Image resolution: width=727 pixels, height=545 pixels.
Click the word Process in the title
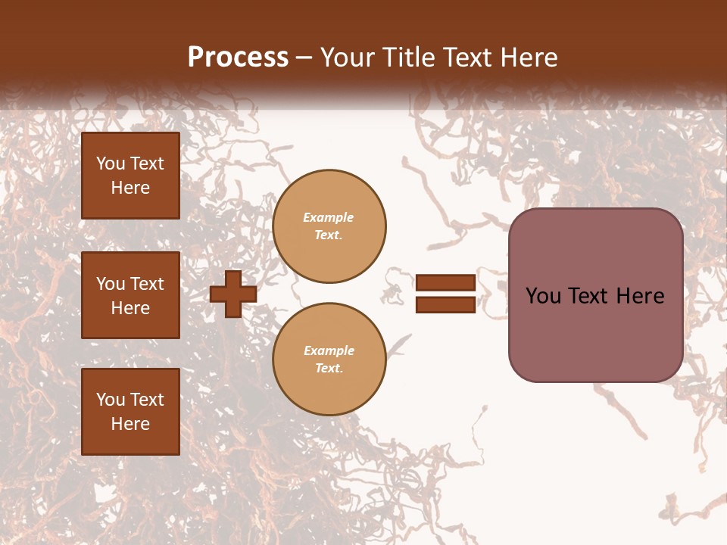click(238, 58)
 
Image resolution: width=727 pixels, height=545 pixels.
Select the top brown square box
click(130, 176)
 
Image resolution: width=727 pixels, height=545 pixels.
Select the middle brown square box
click(130, 295)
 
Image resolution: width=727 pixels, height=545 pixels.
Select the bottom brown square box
click(130, 412)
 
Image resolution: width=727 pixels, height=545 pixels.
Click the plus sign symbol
click(233, 294)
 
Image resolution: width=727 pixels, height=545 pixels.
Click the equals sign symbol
click(445, 294)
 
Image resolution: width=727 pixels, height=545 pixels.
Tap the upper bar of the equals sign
click(445, 283)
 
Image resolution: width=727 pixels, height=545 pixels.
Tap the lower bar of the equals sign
click(445, 305)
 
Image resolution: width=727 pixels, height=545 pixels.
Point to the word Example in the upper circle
click(329, 217)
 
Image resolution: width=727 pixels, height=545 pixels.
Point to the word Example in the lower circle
click(329, 350)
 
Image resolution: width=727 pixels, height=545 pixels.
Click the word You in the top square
click(111, 163)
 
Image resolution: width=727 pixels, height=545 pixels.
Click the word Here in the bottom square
click(130, 424)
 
